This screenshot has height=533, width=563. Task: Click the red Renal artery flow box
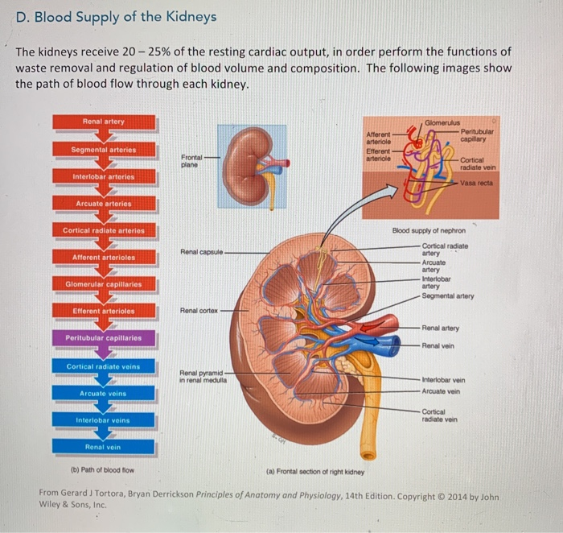(104, 122)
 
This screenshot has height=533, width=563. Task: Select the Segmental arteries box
(104, 150)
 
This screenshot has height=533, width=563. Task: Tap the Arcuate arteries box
(104, 204)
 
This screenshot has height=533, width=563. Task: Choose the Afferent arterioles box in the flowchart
(104, 257)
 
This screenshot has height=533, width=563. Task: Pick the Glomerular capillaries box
(104, 284)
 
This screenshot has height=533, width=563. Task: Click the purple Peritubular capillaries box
(104, 338)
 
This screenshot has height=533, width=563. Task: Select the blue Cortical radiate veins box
(104, 366)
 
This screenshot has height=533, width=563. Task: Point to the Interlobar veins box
(104, 420)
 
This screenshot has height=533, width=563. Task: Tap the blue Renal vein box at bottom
(104, 447)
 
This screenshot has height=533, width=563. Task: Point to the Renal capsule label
(201, 252)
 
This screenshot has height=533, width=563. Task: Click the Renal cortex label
(199, 310)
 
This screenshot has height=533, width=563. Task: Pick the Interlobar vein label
(444, 380)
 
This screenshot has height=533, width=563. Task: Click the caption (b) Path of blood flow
(102, 470)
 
